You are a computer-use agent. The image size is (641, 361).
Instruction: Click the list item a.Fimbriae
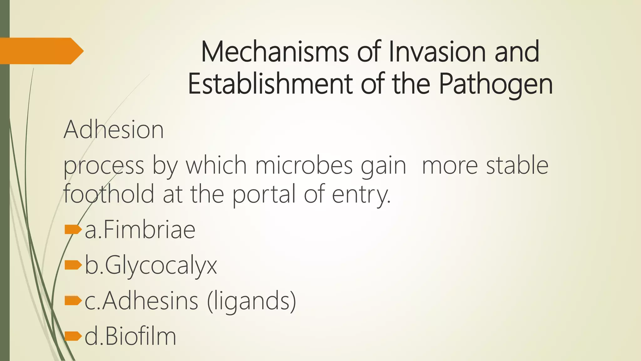pyautogui.click(x=140, y=230)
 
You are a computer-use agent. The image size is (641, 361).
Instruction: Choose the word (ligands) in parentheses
pyautogui.click(x=251, y=301)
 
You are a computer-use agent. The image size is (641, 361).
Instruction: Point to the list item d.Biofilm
pyautogui.click(x=130, y=337)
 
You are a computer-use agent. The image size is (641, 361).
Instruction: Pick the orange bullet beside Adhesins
pyautogui.click(x=73, y=301)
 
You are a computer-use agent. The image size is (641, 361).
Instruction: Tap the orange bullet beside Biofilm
pyautogui.click(x=73, y=337)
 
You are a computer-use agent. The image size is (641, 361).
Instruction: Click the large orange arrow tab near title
pyautogui.click(x=41, y=51)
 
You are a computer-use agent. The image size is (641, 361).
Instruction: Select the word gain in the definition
pyautogui.click(x=383, y=166)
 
